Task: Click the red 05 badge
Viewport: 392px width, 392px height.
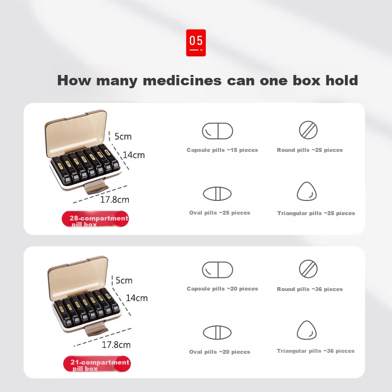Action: tap(196, 43)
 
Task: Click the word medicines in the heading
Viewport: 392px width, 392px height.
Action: tap(182, 80)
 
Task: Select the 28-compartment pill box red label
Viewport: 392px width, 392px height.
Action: tap(95, 219)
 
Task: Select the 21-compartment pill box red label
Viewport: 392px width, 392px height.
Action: tap(97, 364)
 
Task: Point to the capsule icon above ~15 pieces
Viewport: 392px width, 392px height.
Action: tap(218, 131)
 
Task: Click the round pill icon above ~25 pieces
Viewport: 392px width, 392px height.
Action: tap(308, 130)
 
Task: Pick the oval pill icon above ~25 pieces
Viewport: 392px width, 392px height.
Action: tap(217, 194)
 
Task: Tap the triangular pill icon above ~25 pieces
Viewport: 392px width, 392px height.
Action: tap(307, 191)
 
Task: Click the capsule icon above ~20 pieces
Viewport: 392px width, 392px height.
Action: tap(218, 270)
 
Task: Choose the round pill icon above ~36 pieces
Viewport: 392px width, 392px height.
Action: tap(308, 269)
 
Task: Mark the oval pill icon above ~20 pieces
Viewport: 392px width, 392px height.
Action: tap(217, 333)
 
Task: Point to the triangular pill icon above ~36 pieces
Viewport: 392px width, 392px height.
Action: tap(307, 330)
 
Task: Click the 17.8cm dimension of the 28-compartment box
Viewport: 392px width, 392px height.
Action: tap(115, 200)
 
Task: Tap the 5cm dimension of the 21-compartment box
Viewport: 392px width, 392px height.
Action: tap(124, 280)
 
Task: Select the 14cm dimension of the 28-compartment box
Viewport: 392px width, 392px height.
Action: tap(134, 155)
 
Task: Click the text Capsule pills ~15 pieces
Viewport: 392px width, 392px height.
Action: tap(222, 150)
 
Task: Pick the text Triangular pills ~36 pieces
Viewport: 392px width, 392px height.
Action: tap(316, 351)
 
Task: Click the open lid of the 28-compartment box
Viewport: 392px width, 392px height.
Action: tap(76, 133)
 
